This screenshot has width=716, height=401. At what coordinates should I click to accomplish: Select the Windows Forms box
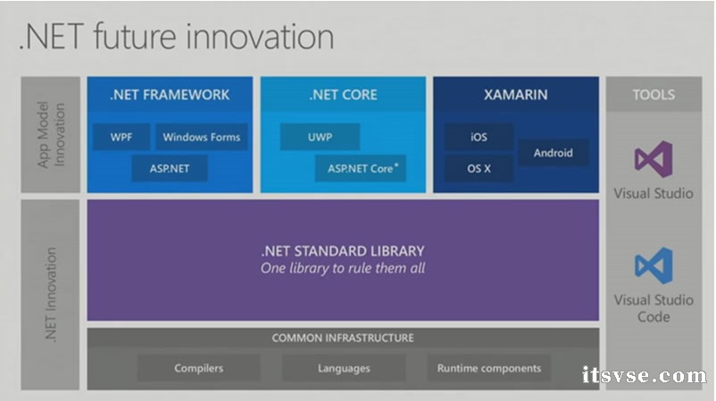201,138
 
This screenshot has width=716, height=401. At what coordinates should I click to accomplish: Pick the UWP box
320,138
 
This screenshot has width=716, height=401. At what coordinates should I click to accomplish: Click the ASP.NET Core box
360,168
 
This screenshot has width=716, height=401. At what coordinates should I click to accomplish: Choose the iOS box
479,138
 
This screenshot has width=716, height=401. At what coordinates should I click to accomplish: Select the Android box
553,153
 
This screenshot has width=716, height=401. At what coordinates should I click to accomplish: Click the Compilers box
199,368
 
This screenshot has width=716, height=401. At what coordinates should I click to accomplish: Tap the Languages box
344,368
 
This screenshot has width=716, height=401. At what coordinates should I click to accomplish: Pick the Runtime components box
488,368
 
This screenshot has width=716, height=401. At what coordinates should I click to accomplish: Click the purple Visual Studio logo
654,159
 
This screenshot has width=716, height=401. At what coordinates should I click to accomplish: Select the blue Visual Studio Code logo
654,265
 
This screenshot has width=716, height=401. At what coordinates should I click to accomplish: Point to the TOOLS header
654,94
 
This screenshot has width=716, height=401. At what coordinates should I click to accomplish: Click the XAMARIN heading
516,94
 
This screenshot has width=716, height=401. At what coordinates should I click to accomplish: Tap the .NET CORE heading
343,94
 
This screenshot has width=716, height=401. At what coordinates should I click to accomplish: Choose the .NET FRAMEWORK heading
170,94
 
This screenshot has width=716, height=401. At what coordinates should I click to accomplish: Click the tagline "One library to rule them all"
343,268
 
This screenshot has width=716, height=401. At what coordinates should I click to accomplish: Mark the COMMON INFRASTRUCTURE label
343,338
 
